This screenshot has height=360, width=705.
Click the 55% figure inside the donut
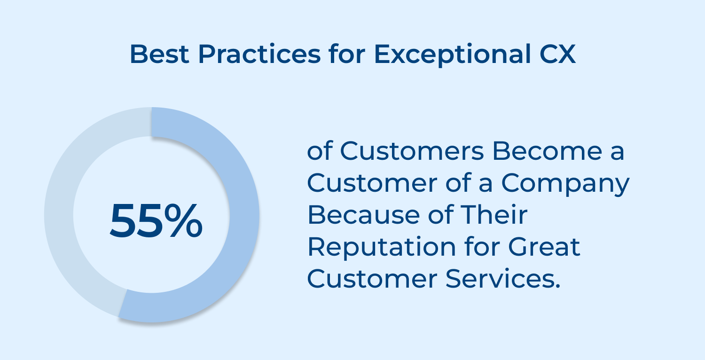pos(156,221)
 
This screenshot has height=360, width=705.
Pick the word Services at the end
pos(503,279)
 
